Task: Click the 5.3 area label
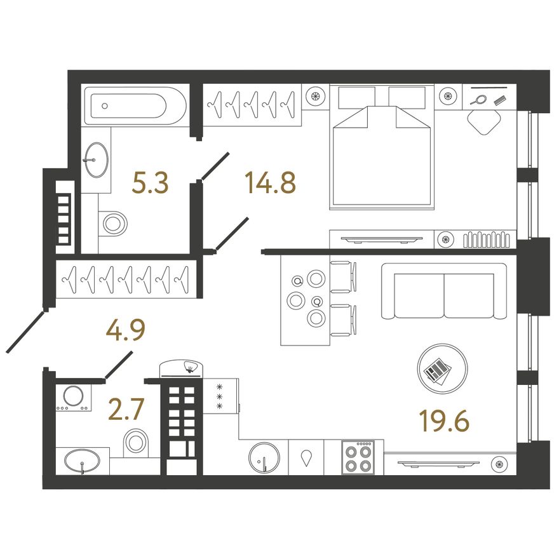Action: coord(150,182)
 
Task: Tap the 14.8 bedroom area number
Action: coord(270,182)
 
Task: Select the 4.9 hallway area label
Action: coord(126,330)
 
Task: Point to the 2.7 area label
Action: coord(126,409)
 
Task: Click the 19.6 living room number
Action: coord(444,421)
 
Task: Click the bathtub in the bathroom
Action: coord(135,106)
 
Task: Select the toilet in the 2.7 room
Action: coord(136,442)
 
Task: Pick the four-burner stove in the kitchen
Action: coord(358,457)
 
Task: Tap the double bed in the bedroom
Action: coord(382,147)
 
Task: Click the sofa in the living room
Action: coord(444,291)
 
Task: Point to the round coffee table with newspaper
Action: coord(442,368)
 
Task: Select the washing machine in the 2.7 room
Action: coord(74,397)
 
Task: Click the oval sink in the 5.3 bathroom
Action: coord(96,159)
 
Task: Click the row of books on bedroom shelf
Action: coord(487,239)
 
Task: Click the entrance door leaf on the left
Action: coord(25,332)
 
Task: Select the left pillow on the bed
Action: coord(356,97)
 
